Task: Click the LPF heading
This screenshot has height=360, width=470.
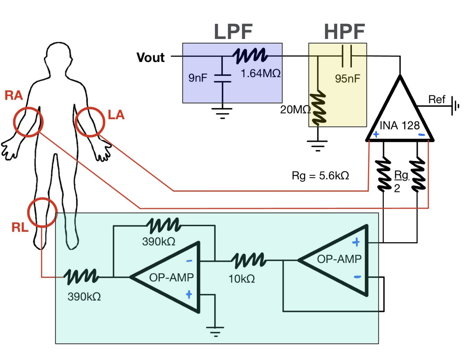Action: (233, 32)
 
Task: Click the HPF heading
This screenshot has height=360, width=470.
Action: (344, 32)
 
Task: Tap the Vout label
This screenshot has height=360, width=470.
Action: (150, 57)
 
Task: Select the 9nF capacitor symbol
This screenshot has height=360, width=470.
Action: (223, 78)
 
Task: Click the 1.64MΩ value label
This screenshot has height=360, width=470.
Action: (261, 73)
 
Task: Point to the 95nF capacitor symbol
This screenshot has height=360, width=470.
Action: (347, 56)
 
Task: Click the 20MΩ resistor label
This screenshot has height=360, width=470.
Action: (295, 110)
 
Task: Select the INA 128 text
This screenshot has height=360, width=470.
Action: (399, 126)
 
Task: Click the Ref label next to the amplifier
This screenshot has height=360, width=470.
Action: (436, 99)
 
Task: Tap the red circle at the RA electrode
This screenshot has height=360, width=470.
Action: (28, 122)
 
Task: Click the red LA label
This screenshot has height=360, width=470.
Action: (116, 115)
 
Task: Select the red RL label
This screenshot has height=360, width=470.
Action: (20, 227)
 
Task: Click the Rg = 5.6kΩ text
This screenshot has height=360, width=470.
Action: (320, 176)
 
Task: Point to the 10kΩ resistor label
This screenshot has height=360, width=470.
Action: (242, 279)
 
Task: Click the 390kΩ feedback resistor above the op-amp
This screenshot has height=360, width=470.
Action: (164, 226)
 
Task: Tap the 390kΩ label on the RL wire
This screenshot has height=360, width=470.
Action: (84, 297)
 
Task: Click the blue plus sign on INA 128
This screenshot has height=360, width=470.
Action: (376, 134)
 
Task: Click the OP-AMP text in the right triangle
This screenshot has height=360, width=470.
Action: (339, 259)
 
